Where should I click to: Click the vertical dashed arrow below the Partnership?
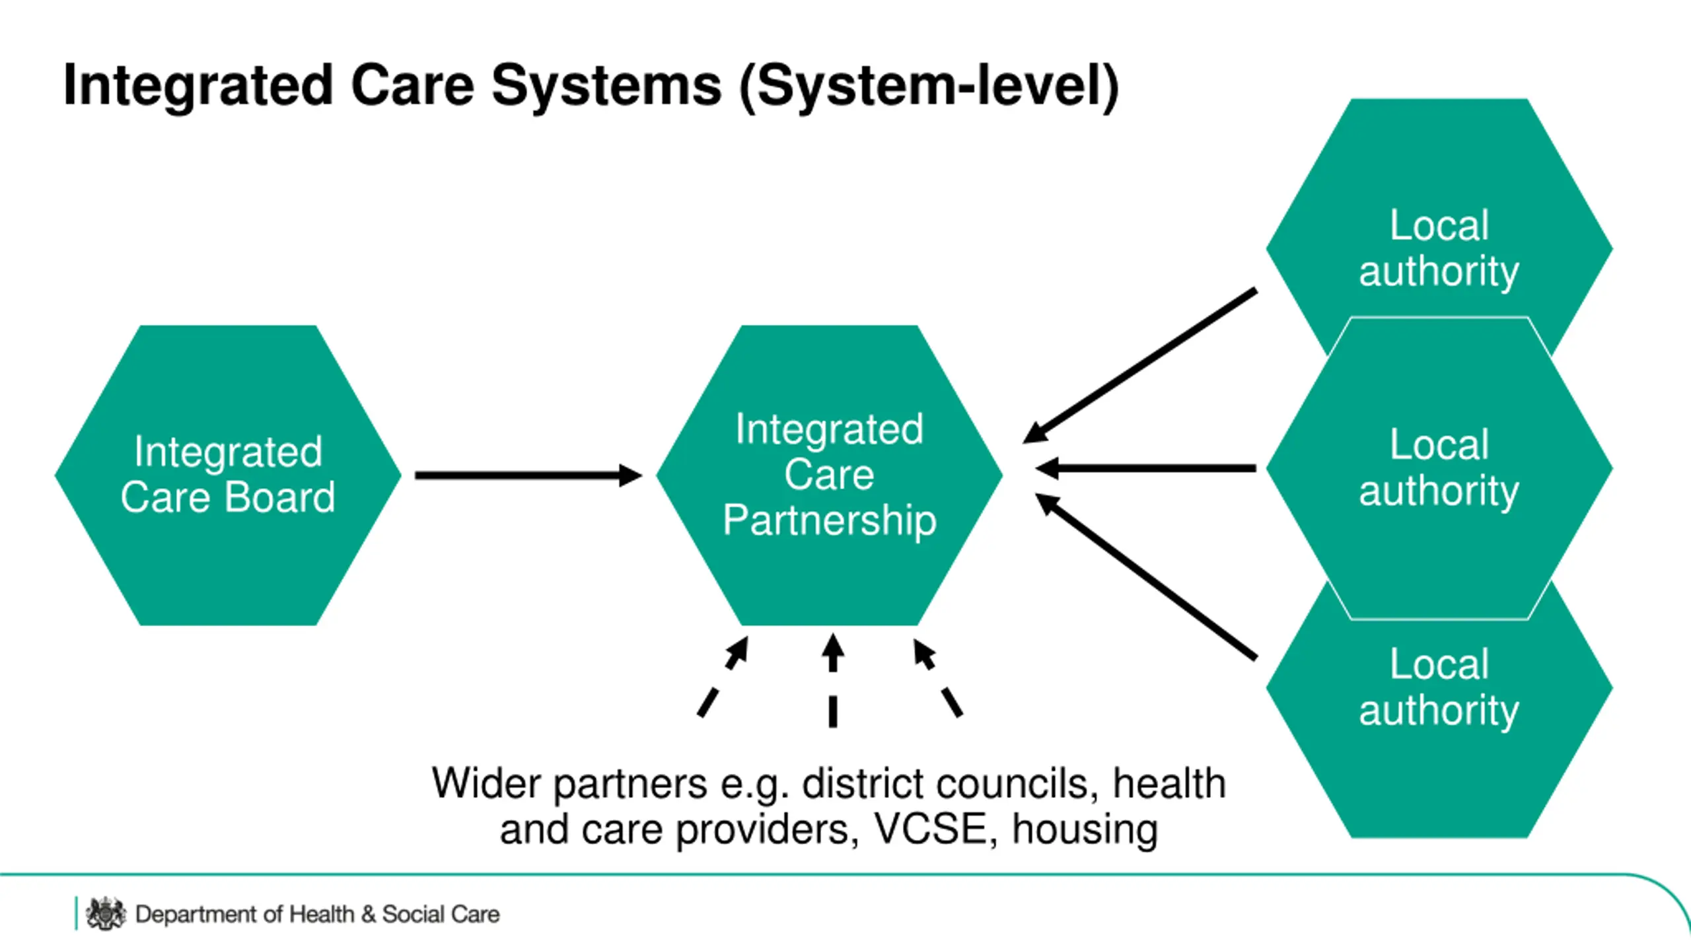coord(833,680)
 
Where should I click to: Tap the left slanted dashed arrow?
coord(723,677)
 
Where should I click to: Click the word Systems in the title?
coord(606,86)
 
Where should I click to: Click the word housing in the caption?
coord(1085,830)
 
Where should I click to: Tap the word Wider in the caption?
coord(486,784)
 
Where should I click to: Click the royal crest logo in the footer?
coord(105,914)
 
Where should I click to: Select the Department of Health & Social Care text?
coord(317,915)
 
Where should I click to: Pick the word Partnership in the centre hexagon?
coord(829,520)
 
